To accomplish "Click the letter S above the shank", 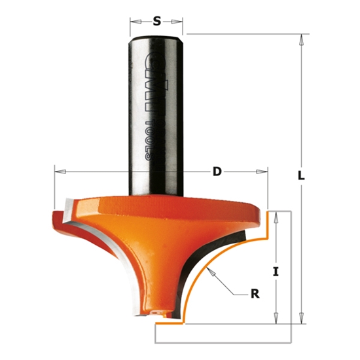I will tap(157, 21).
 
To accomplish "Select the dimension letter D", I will tap(216, 172).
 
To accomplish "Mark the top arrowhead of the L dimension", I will tap(302, 37).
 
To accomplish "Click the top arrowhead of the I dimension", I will tap(278, 215).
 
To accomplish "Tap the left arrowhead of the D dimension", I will tap(57, 171).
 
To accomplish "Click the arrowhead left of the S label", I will tap(133, 21).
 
